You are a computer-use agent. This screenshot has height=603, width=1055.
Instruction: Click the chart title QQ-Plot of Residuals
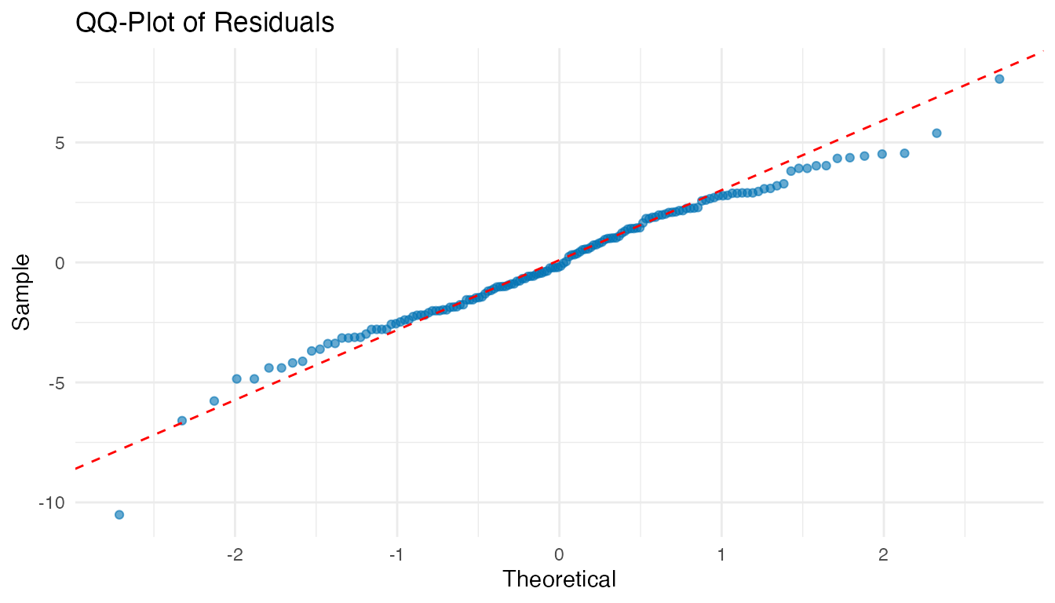204,24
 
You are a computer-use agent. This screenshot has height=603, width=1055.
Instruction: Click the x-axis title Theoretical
559,580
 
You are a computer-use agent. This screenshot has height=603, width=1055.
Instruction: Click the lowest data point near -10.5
119,514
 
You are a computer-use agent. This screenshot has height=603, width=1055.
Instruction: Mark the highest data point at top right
999,79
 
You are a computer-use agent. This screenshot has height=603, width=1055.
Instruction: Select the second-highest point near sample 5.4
936,133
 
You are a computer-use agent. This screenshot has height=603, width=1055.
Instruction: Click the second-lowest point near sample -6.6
182,421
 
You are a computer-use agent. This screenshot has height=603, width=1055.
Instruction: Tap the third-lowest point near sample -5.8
214,400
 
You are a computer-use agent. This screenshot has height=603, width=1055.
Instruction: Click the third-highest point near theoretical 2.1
904,153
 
